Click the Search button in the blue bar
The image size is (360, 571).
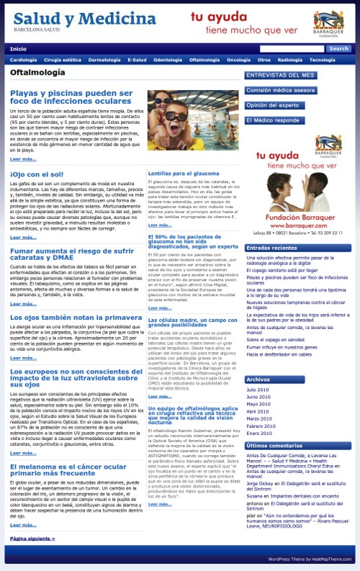click(x=338, y=49)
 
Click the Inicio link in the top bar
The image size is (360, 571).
click(x=18, y=49)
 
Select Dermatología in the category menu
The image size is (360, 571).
click(x=104, y=60)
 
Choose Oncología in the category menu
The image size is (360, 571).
click(x=238, y=60)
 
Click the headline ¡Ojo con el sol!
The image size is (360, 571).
click(x=37, y=174)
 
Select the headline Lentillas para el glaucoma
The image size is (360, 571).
click(x=183, y=174)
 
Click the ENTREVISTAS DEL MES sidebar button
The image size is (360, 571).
click(x=280, y=75)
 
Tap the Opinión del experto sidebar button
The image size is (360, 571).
click(x=272, y=105)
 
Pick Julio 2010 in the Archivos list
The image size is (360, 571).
click(x=258, y=390)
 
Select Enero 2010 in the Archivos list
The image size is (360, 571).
click(x=258, y=433)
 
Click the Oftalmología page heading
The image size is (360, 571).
click(x=37, y=73)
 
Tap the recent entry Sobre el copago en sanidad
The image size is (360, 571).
click(x=276, y=339)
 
